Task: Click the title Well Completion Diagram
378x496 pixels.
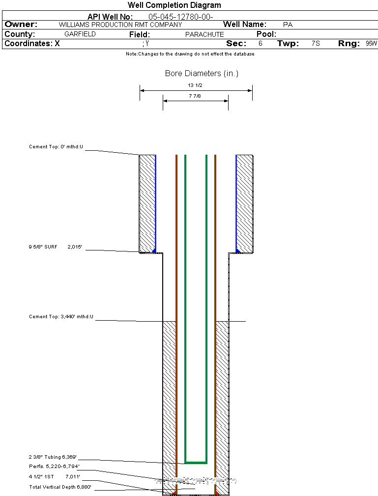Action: coord(174,5)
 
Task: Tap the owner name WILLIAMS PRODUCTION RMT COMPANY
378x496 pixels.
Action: coord(120,25)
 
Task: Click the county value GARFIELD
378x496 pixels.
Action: coord(80,34)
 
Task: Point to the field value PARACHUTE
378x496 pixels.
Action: coord(204,34)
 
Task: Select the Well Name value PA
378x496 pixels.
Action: coord(288,25)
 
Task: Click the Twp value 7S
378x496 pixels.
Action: coord(316,44)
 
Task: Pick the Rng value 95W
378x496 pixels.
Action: coord(371,44)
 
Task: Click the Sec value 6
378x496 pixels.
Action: coord(260,44)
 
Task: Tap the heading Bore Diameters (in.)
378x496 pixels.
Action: coord(202,74)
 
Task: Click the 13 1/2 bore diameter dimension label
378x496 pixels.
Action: coord(195,85)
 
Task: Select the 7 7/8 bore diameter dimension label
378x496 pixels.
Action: coord(195,96)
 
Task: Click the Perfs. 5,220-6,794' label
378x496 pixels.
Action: coord(54,466)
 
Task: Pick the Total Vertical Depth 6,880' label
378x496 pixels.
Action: coord(60,487)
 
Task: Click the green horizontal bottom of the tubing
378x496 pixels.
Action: coord(196,463)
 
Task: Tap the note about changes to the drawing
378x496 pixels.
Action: coord(190,54)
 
